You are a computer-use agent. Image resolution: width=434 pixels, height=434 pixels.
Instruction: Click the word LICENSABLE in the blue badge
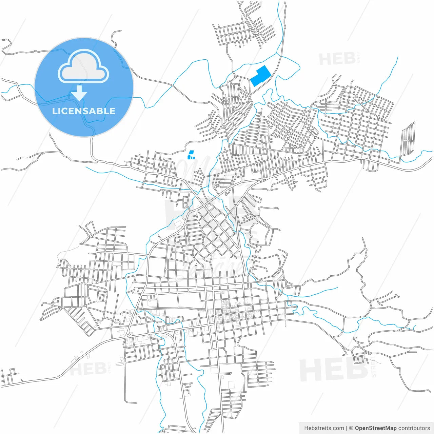(x=84, y=111)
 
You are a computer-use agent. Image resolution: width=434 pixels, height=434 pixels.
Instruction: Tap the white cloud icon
(x=83, y=67)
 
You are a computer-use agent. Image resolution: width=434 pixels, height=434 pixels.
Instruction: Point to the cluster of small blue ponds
(x=191, y=155)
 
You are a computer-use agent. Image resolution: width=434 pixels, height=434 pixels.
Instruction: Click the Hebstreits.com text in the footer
(x=324, y=428)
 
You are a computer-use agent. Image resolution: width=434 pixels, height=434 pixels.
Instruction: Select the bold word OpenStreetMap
(x=375, y=428)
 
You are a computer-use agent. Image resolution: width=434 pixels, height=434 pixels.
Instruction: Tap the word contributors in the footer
(x=414, y=428)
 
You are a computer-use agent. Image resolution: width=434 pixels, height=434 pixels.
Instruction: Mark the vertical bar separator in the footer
(x=347, y=428)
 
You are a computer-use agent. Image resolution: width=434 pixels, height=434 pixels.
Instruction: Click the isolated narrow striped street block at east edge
(x=408, y=139)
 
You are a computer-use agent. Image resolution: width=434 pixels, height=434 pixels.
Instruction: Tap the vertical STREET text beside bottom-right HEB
(x=374, y=366)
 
